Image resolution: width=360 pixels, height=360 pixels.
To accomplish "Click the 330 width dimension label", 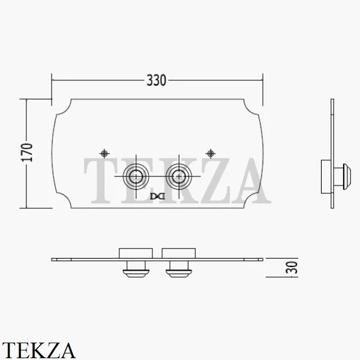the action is click(156, 80).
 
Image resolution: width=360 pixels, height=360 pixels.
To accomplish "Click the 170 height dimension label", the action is click(27, 152).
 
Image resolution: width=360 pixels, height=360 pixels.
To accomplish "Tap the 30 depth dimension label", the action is click(292, 268).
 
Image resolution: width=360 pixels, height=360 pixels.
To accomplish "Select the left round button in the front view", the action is click(136, 176).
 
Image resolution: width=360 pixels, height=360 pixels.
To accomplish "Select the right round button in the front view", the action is click(179, 176).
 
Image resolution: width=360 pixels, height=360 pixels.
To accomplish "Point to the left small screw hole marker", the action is click(104, 154).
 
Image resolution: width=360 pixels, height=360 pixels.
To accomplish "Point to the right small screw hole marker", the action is click(211, 154).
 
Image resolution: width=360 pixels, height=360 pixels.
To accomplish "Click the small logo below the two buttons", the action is click(157, 196).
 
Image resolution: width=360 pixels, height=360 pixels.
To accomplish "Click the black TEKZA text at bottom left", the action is click(38, 350).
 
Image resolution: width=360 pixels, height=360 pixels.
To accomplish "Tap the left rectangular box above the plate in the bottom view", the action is click(136, 253).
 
